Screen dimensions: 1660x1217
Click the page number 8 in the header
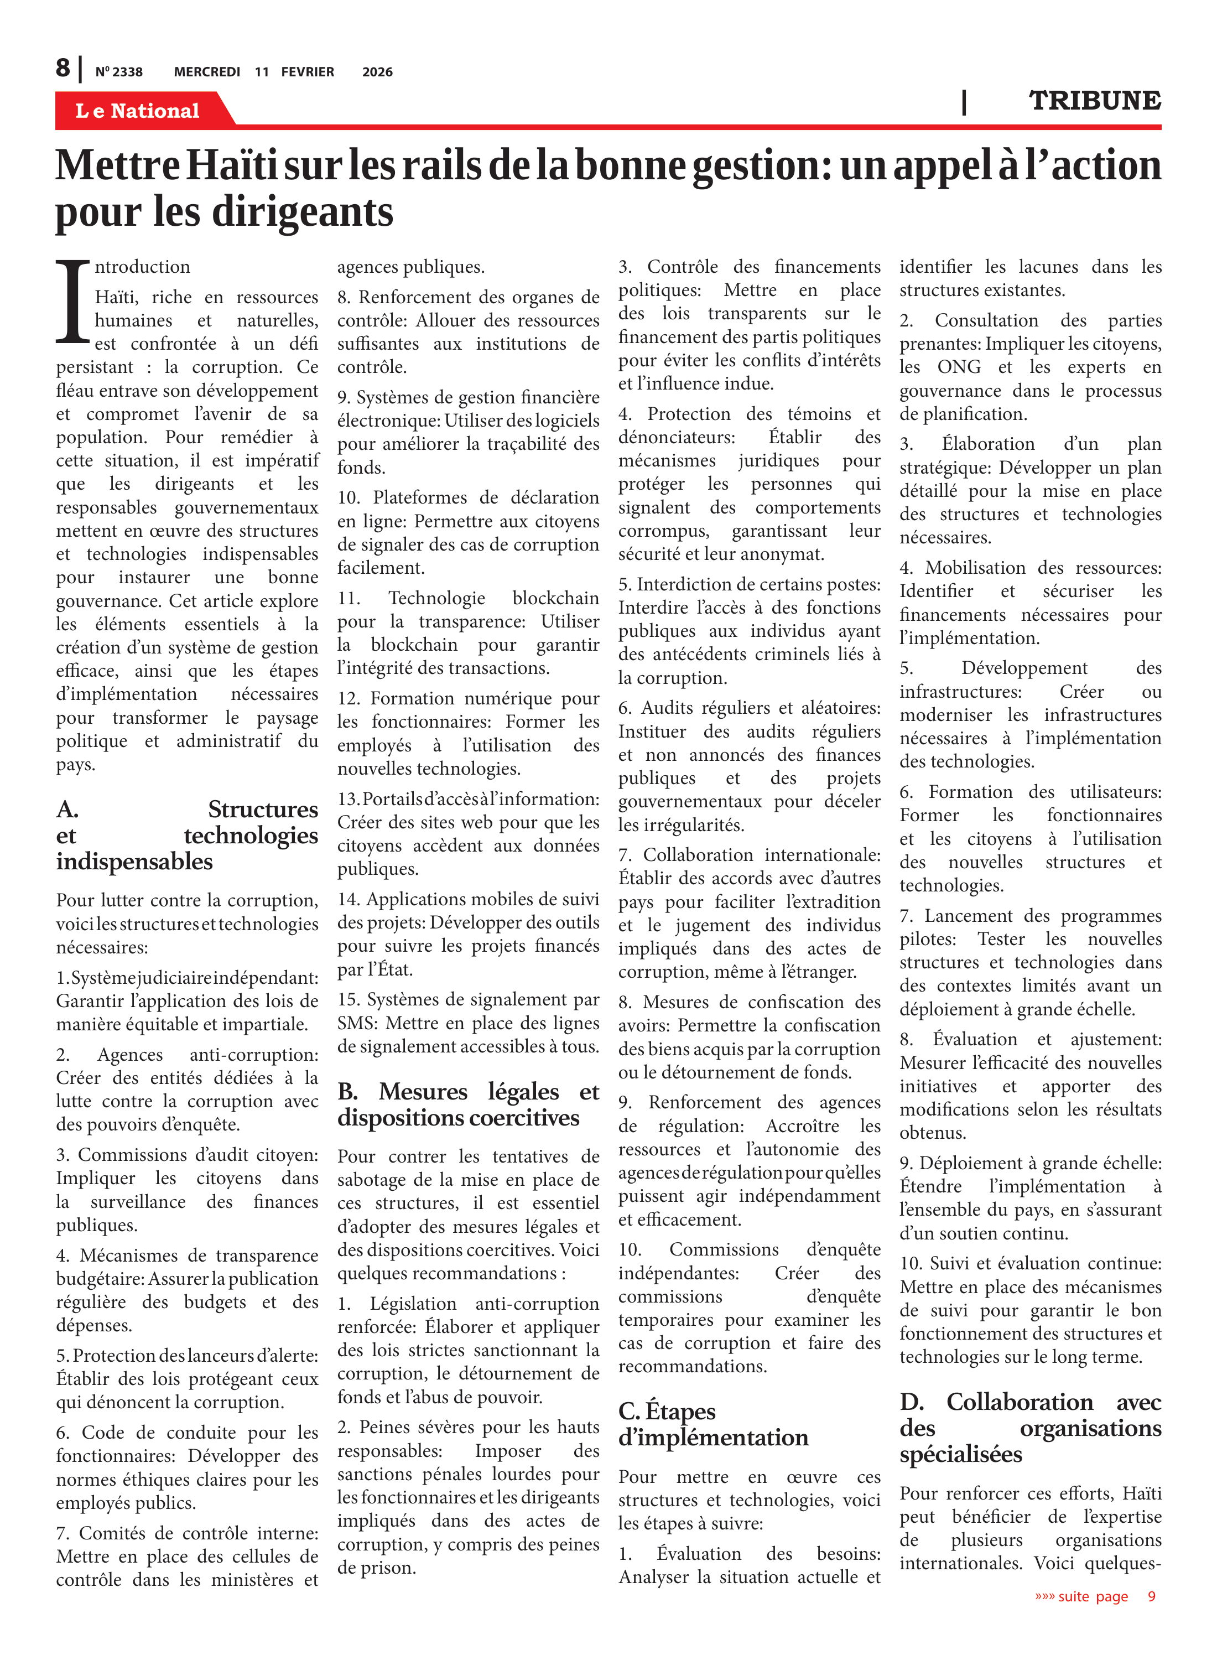click(x=64, y=68)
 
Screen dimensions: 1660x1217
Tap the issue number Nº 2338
click(x=119, y=72)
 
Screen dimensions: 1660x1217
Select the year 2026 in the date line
click(x=377, y=72)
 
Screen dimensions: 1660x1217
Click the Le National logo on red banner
click(x=138, y=111)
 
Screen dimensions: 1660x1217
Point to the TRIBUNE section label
click(x=1094, y=100)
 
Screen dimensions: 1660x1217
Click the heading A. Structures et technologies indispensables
click(x=187, y=835)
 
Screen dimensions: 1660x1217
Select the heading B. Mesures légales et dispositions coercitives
click(x=468, y=1104)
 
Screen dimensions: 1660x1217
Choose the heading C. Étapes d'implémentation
click(x=713, y=1424)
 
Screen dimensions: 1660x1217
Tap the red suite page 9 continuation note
click(x=1095, y=1596)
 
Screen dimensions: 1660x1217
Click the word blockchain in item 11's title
click(x=555, y=598)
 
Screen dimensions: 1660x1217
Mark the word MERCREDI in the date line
click(x=207, y=72)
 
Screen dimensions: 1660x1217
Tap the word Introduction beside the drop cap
click(x=142, y=267)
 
